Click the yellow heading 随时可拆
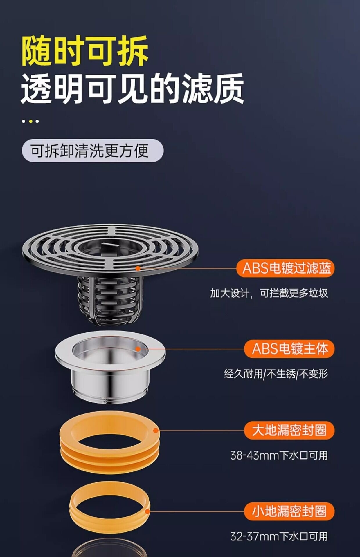click(x=85, y=51)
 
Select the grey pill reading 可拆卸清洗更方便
click(x=93, y=151)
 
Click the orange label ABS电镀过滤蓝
click(x=285, y=268)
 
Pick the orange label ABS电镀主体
click(x=289, y=349)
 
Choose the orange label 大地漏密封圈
click(x=289, y=430)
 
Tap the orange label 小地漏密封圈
click(x=289, y=511)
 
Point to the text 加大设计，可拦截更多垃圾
click(x=269, y=293)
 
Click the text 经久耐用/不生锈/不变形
click(x=276, y=374)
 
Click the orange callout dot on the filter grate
click(x=138, y=268)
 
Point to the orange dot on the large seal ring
click(x=156, y=431)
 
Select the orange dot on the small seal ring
click(x=147, y=511)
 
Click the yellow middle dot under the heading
click(x=30, y=121)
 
